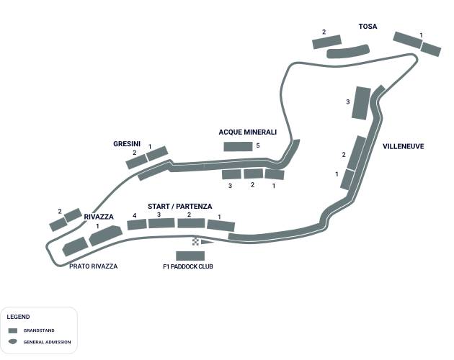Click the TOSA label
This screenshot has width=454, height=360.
(368, 27)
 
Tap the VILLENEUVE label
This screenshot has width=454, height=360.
(403, 146)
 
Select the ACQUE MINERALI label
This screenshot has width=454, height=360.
(248, 132)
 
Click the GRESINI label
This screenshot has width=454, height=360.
(127, 144)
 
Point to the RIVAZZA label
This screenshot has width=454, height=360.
(99, 217)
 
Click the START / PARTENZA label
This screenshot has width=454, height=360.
(180, 207)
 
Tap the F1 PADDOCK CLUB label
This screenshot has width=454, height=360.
(188, 267)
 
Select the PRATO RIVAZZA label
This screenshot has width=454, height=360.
(93, 266)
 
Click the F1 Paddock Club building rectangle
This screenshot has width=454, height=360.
(190, 256)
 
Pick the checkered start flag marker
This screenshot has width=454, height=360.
(196, 241)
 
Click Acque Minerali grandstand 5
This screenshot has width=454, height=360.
(237, 146)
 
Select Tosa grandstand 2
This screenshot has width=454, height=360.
(326, 42)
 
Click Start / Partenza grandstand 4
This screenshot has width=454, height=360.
(137, 225)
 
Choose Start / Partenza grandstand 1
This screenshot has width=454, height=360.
(221, 226)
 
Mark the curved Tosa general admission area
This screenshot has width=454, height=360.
(348, 52)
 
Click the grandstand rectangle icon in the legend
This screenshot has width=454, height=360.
(12, 330)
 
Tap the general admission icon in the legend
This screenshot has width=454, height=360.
(12, 341)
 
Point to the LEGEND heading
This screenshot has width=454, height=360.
(18, 317)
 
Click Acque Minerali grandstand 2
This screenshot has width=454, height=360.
(253, 174)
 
